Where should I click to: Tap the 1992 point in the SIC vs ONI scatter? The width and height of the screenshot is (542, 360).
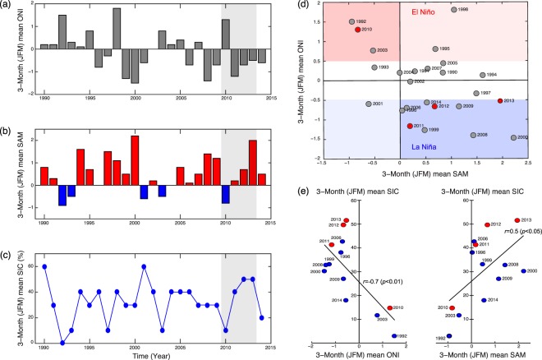(395, 336)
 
